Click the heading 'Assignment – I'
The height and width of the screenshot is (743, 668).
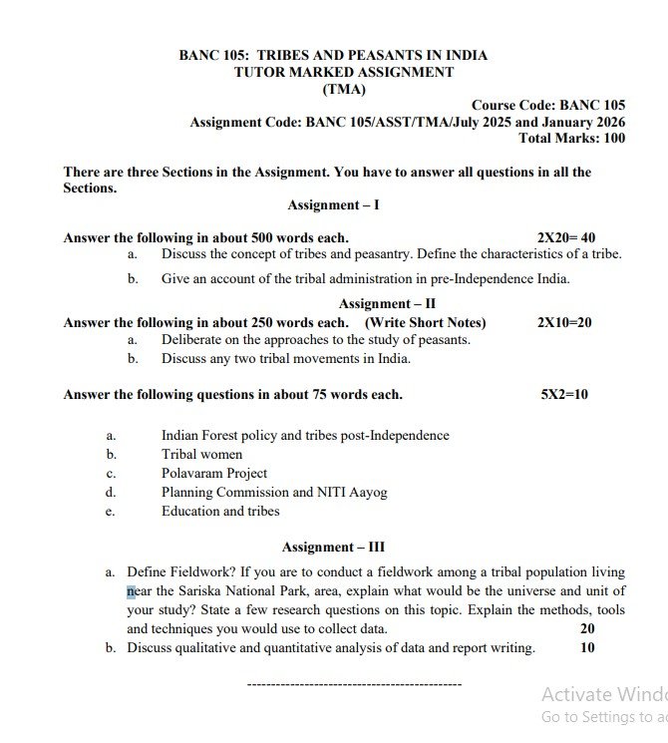coord(333,205)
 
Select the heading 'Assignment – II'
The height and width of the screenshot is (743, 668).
coord(386,304)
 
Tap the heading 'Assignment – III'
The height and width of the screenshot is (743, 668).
coord(333,548)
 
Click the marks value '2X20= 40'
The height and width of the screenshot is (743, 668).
coord(565,238)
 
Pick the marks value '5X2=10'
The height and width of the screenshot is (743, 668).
coord(564,395)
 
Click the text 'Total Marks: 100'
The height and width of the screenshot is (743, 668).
coord(572,139)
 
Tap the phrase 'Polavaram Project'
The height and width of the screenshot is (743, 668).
coord(214,474)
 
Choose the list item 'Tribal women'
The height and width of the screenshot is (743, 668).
coord(201,455)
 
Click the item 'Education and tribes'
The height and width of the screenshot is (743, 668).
coord(220,512)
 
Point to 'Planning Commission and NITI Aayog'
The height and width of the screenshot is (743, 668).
coord(274,493)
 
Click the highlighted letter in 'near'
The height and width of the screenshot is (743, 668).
coord(131,590)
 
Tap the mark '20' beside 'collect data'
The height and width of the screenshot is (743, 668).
coord(586,629)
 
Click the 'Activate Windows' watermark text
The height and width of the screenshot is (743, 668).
coord(604,694)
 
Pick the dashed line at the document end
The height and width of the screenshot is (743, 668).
coord(353,684)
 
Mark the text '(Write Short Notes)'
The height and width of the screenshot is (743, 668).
coord(425,323)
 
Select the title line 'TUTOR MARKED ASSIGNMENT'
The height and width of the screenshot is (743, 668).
coord(343,73)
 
